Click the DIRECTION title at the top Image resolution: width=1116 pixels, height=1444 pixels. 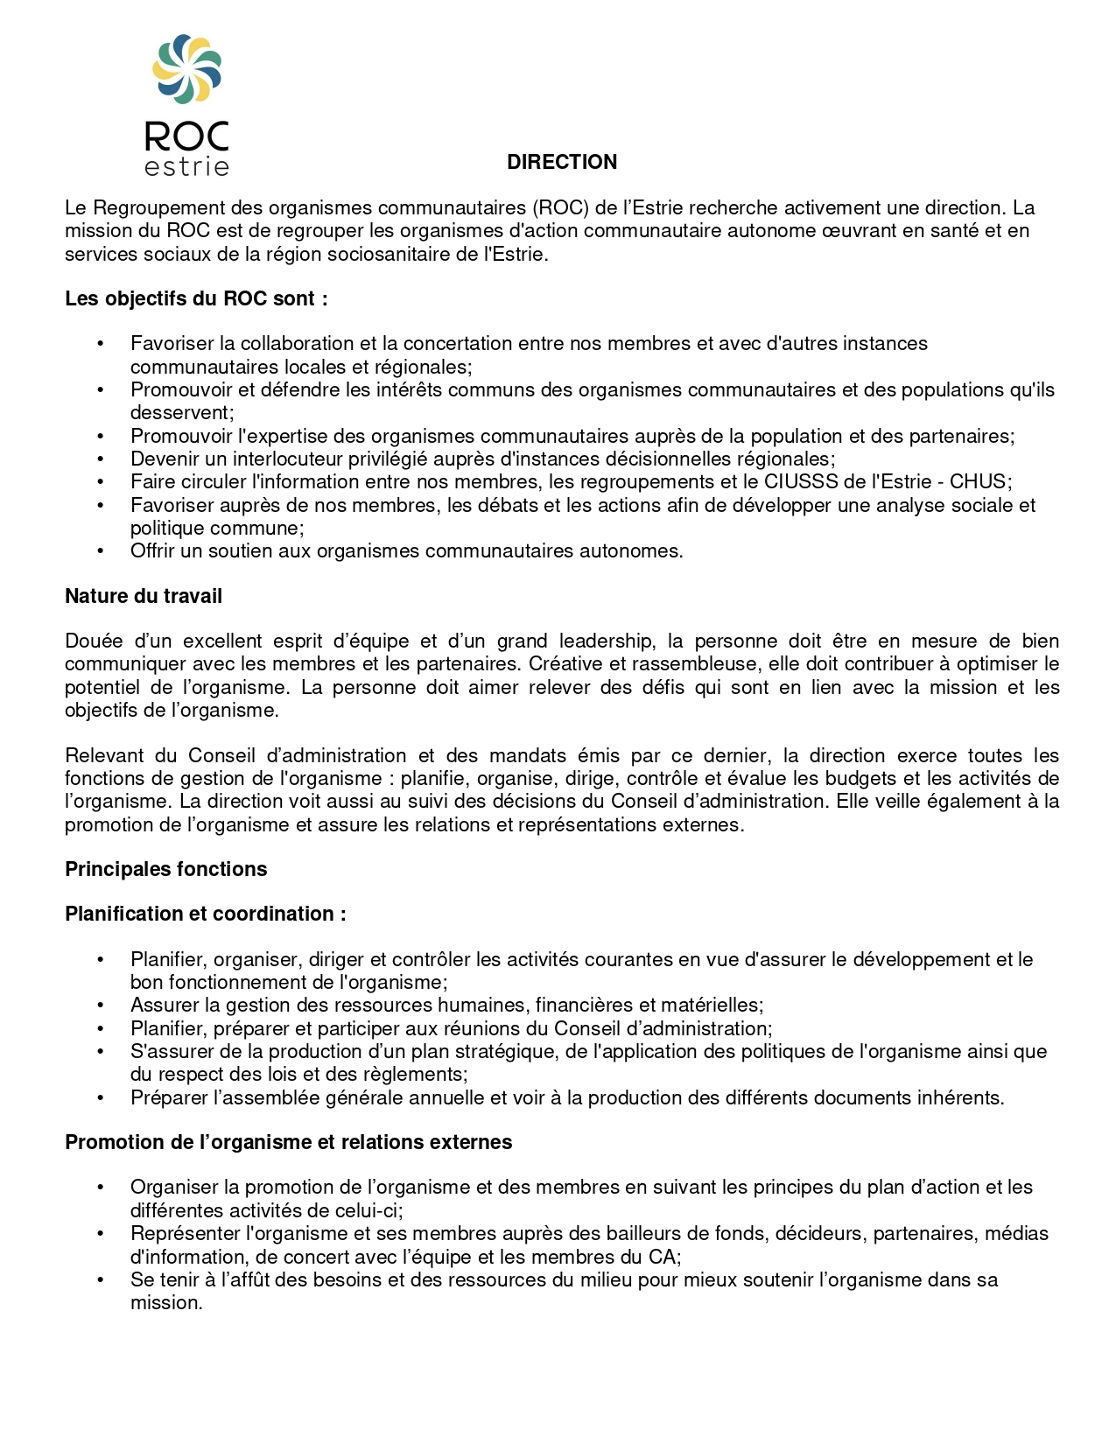point(562,162)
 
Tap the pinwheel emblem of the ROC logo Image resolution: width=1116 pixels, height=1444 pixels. point(186,68)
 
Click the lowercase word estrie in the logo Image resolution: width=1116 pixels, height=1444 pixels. point(186,166)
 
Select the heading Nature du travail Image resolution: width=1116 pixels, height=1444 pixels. point(144,596)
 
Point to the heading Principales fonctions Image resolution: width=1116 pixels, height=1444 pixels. point(165,869)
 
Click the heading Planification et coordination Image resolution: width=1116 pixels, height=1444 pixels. point(205,914)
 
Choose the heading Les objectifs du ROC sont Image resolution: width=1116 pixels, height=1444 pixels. point(196,298)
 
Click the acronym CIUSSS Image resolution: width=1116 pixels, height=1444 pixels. point(800,481)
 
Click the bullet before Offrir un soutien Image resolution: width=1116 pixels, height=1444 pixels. point(101,550)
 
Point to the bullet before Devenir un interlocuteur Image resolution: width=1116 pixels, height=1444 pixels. point(101,459)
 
